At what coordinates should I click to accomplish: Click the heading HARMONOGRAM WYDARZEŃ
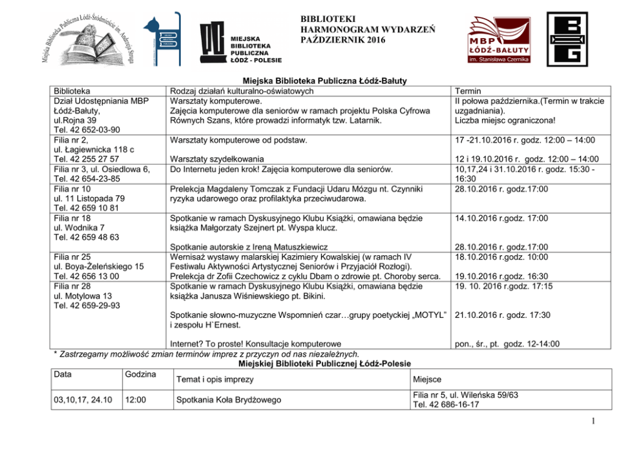(x=367, y=29)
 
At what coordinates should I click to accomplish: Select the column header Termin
(x=468, y=91)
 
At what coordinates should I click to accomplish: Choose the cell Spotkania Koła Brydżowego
(x=229, y=400)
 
